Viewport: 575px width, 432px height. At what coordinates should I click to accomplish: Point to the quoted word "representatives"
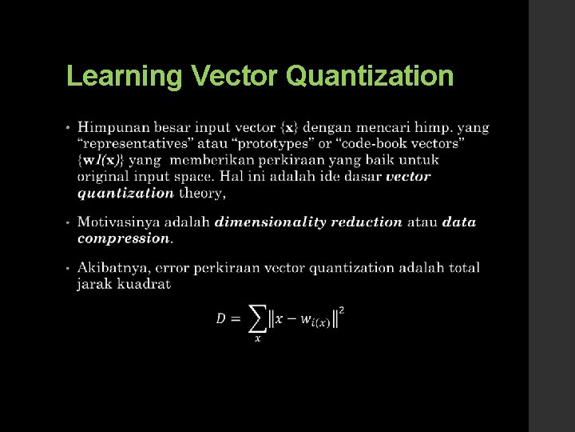(130, 143)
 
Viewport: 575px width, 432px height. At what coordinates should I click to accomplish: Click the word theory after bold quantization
(201, 192)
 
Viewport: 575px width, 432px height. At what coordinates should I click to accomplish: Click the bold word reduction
(365, 222)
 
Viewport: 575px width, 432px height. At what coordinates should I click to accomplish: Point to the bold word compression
(123, 238)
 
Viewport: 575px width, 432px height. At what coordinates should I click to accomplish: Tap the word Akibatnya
(113, 267)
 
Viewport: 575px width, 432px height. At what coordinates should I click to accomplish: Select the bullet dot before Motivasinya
(69, 222)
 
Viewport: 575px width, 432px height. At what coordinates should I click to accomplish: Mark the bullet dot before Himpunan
(69, 127)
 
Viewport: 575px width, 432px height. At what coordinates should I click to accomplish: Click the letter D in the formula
(221, 318)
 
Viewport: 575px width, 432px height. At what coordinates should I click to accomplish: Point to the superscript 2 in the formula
(343, 308)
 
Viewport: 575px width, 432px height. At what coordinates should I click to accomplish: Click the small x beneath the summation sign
(257, 338)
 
